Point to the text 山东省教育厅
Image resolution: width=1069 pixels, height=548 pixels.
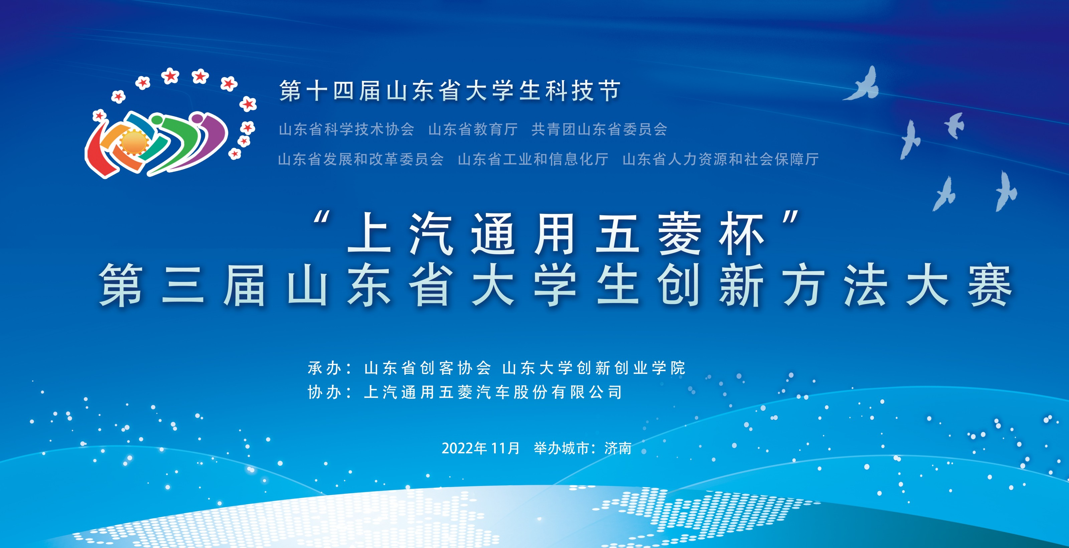click(x=473, y=129)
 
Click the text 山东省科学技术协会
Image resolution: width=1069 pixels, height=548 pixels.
click(x=346, y=129)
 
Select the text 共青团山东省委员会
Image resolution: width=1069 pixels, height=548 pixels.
click(x=599, y=129)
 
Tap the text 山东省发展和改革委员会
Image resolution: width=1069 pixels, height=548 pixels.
click(x=361, y=159)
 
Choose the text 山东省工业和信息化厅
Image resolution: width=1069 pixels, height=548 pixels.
click(x=533, y=159)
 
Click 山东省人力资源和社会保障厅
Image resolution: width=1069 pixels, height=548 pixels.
click(x=721, y=159)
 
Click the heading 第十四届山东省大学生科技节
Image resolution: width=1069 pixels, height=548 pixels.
click(x=450, y=91)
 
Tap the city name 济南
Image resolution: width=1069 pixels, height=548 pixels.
click(x=618, y=448)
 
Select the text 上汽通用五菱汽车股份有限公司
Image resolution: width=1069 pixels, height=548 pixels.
click(x=493, y=392)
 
